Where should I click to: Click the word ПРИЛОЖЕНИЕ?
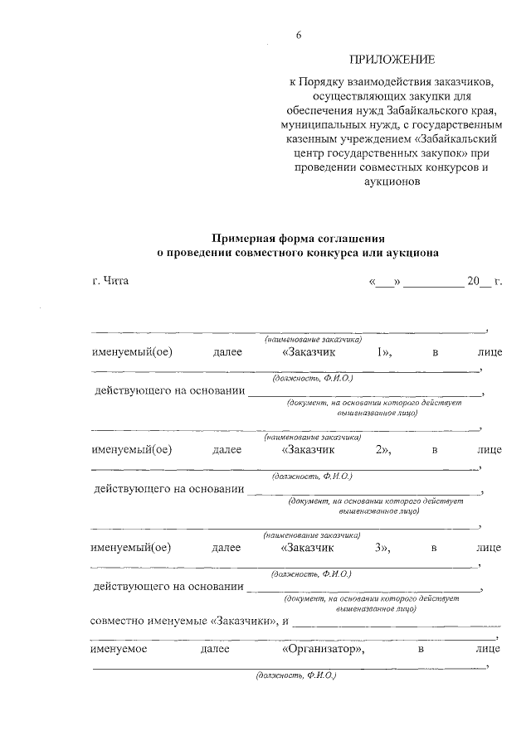392,60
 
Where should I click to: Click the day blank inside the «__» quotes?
384,281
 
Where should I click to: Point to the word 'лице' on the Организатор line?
489,650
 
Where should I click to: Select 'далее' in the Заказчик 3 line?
227,548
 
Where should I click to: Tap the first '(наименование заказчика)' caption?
313,339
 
